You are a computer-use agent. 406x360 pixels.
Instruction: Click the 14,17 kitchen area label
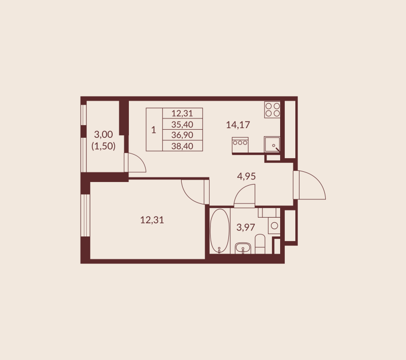pyautogui.click(x=238, y=125)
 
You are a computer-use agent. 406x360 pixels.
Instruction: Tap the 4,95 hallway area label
pyautogui.click(x=246, y=176)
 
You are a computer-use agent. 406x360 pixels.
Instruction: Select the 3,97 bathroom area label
pyautogui.click(x=246, y=227)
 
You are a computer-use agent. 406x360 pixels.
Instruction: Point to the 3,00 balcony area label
pyautogui.click(x=104, y=134)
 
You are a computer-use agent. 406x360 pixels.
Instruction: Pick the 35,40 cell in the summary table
pyautogui.click(x=182, y=125)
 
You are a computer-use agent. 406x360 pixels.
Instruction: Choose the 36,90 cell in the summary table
pyautogui.click(x=182, y=135)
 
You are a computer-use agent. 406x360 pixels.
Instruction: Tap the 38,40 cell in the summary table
pyautogui.click(x=182, y=146)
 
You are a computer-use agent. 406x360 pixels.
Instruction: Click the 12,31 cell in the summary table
pyautogui.click(x=182, y=113)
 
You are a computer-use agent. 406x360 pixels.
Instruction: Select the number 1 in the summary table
pyautogui.click(x=154, y=130)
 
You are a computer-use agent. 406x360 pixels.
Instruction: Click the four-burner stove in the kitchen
pyautogui.click(x=273, y=109)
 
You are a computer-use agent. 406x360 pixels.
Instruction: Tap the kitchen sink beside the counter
pyautogui.click(x=272, y=144)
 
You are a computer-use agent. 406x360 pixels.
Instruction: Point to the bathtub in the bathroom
pyautogui.click(x=220, y=231)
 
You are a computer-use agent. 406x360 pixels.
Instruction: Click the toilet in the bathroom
pyautogui.click(x=260, y=244)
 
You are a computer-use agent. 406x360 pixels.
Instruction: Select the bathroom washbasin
pyautogui.click(x=243, y=248)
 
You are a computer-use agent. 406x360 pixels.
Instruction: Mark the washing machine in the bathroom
pyautogui.click(x=274, y=225)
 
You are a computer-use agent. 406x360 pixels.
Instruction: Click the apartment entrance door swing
pyautogui.click(x=310, y=185)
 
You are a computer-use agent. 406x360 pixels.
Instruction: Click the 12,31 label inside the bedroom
pyautogui.click(x=152, y=220)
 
